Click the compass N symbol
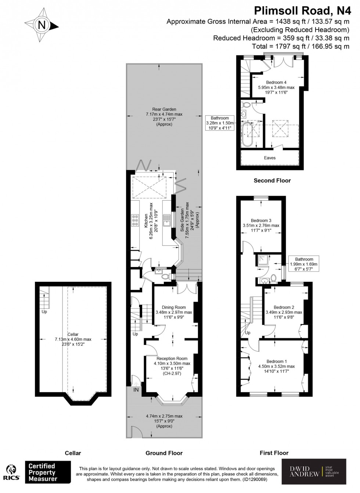(x=42, y=25)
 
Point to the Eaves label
(x=270, y=158)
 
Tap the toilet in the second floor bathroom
(x=246, y=105)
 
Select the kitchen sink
(x=167, y=220)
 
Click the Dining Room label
(x=173, y=307)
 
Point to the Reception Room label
(x=172, y=359)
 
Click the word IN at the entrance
(x=136, y=390)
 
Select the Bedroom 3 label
(x=261, y=220)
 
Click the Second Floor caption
(x=272, y=180)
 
